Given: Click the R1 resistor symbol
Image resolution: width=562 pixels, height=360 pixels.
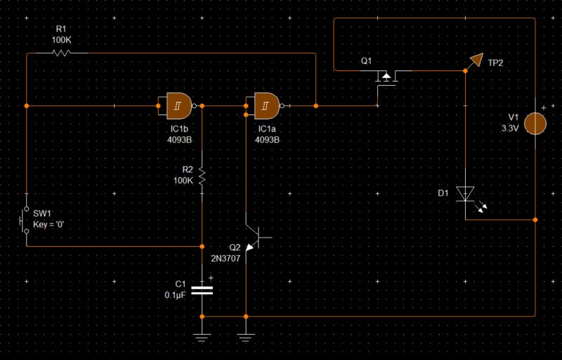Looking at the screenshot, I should point(62,53).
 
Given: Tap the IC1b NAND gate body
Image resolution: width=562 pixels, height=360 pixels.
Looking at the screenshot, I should point(177,105).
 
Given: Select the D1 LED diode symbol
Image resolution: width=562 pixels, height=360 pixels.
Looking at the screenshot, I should point(466,193).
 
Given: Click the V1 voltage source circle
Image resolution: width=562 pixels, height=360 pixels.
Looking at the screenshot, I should point(535,122).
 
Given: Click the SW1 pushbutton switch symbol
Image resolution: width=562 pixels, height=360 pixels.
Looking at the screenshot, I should point(25,219).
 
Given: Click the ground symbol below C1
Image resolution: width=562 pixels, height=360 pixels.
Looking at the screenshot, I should point(202,336).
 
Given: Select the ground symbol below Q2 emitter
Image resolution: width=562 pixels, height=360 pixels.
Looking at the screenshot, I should point(245,336).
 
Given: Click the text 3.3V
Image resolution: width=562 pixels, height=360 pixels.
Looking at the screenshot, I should point(510,129).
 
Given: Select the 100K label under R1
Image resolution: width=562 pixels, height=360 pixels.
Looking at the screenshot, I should point(62,40).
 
